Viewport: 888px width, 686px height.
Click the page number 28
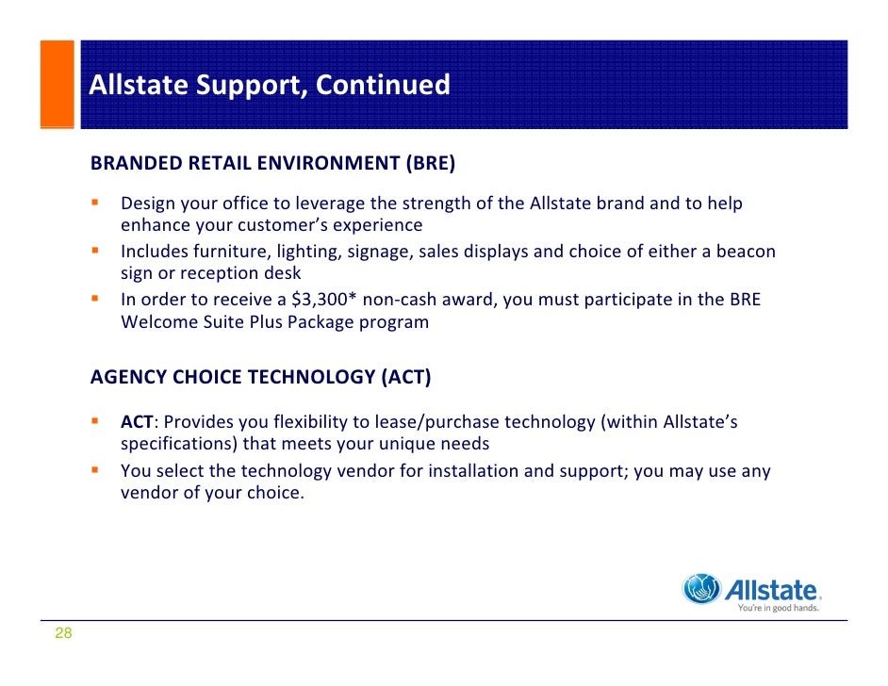coord(63,633)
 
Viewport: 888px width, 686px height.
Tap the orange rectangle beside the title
coord(58,84)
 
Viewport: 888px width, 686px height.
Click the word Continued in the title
coord(383,85)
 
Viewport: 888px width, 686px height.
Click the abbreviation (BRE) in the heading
coord(431,163)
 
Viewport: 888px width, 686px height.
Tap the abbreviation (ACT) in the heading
coord(406,377)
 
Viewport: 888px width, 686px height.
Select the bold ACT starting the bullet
coord(137,421)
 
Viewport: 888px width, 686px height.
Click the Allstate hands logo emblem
coord(701,589)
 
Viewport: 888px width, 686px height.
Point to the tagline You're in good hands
coord(778,608)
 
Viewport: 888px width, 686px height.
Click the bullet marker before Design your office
coord(94,202)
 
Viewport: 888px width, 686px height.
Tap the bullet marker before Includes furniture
coord(94,250)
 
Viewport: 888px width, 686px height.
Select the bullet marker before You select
coord(94,469)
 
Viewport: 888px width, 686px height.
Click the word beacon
coord(746,252)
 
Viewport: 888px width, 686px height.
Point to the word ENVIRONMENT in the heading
coord(328,163)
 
